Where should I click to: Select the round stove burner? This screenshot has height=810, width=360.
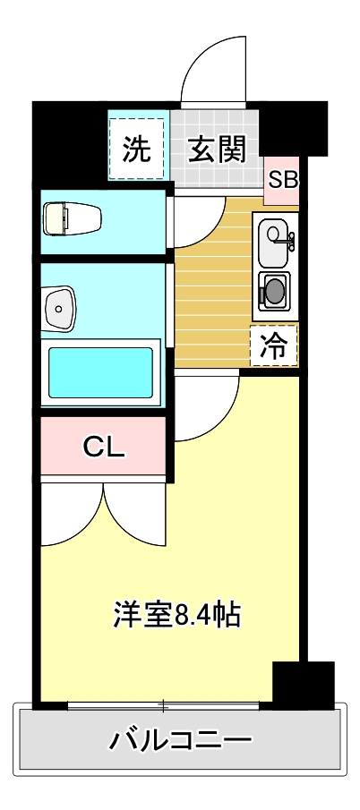pyautogui.click(x=273, y=291)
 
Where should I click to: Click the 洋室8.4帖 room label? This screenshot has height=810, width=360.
pyautogui.click(x=176, y=614)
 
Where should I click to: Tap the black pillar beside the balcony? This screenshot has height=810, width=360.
pyautogui.click(x=302, y=686)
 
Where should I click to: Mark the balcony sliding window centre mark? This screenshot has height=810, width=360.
pyautogui.click(x=164, y=705)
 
